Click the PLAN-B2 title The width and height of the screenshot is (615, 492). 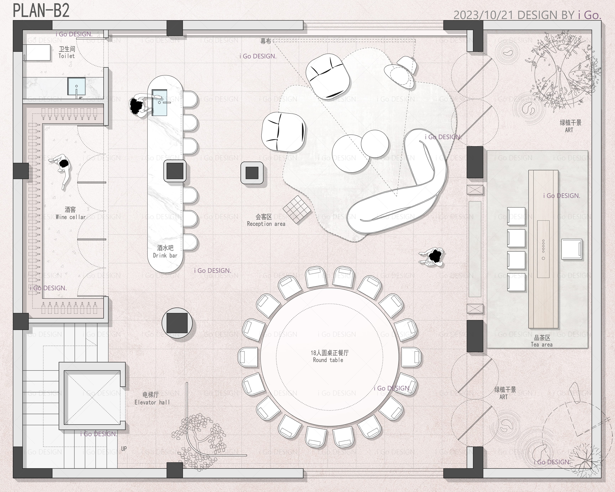pyautogui.click(x=41, y=11)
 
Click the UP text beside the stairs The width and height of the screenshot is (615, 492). pyautogui.click(x=124, y=449)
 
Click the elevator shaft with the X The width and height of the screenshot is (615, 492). pyautogui.click(x=92, y=396)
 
